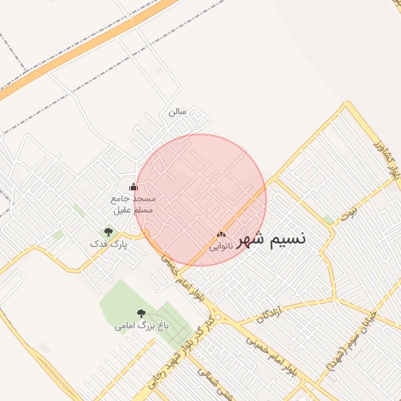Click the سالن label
tap(178, 112)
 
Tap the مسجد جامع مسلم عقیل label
tap(133, 204)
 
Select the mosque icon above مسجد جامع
tap(133, 187)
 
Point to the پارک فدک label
tap(108, 244)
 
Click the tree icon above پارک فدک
tap(108, 232)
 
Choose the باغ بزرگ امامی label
tap(142, 324)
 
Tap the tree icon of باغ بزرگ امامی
tap(142, 313)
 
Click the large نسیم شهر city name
tap(271, 240)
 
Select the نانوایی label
tap(221, 246)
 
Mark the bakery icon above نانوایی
tap(222, 234)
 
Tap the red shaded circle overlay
tap(200, 200)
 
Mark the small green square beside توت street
tap(328, 220)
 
